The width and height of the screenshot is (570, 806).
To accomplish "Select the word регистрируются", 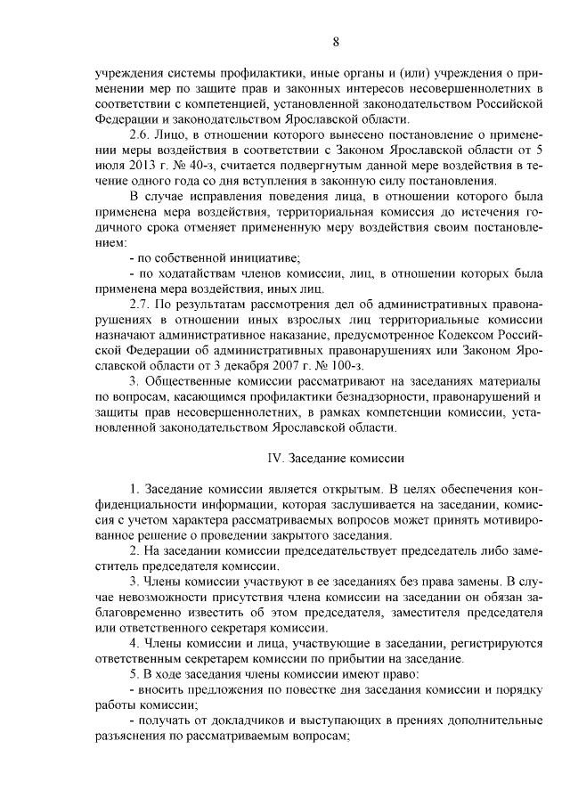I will click(493, 643).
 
